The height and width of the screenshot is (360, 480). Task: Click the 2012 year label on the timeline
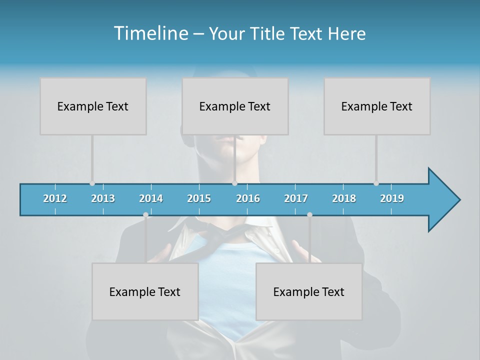coord(55,198)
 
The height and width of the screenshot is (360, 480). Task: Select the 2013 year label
coord(103,198)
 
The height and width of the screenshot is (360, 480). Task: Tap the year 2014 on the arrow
coord(151,198)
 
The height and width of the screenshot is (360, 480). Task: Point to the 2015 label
coord(199,198)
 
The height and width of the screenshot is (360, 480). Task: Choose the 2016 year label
coord(248,198)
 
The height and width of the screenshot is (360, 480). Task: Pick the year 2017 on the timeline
coord(296,198)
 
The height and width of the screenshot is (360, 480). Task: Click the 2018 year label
coord(344,198)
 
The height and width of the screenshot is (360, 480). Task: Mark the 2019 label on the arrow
coord(392,198)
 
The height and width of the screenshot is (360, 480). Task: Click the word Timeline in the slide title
coord(150,33)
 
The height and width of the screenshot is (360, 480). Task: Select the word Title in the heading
coord(268,33)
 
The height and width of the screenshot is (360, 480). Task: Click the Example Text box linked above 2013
coord(93,106)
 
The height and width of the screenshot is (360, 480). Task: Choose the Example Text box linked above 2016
coord(235,106)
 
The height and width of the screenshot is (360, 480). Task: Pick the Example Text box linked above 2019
coord(377,106)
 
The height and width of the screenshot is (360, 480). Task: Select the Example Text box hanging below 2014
coord(145,291)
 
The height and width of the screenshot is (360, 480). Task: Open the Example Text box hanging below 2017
coord(309,291)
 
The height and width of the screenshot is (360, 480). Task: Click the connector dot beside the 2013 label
coord(92,183)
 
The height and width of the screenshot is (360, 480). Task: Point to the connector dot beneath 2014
coord(145,215)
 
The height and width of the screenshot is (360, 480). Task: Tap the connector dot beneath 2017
coord(309,215)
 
